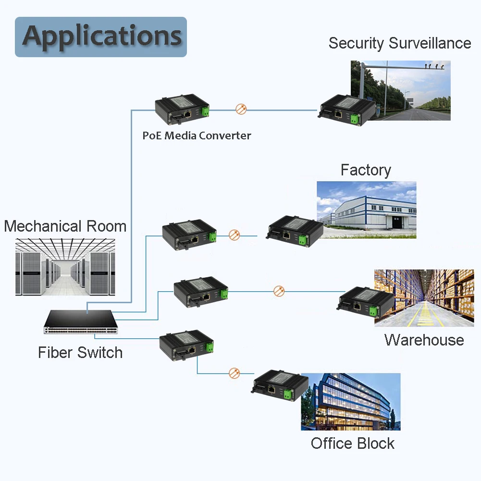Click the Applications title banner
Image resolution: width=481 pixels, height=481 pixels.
(x=101, y=37)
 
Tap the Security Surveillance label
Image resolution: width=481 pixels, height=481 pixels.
(x=399, y=43)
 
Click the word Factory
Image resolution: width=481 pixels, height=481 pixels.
(x=366, y=170)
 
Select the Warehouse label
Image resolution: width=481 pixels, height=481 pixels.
(x=424, y=340)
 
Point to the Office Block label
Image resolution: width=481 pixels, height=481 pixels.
(x=352, y=443)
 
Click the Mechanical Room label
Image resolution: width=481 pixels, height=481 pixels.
(x=65, y=226)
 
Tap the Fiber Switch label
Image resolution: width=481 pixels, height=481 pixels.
(x=80, y=353)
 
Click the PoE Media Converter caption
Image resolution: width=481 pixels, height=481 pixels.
(x=197, y=136)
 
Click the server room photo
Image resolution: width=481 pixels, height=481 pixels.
(x=65, y=266)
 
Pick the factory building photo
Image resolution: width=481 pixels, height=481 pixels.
(x=366, y=210)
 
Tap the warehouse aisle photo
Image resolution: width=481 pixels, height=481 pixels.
(x=424, y=298)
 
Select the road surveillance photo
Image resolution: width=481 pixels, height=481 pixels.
(x=401, y=90)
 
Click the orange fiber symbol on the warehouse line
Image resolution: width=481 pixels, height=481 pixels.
(x=279, y=291)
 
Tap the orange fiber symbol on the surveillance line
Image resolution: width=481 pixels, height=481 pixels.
(x=241, y=109)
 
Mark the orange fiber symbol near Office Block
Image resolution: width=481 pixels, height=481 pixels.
(x=234, y=373)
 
